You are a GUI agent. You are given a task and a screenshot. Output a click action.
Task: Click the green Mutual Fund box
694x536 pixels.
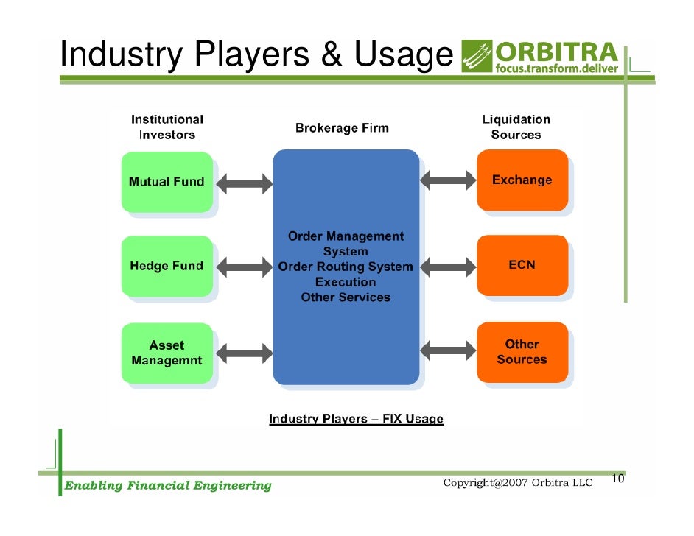point(167,181)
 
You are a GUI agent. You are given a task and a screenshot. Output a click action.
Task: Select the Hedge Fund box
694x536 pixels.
point(167,266)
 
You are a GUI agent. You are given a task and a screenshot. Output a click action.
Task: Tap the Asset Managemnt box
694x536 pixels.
point(167,353)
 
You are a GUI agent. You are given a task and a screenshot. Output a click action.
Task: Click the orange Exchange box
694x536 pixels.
point(522,180)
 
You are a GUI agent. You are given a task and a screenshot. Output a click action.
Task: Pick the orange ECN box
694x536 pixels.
point(522,265)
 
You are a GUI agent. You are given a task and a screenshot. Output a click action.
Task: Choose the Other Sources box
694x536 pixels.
point(522,352)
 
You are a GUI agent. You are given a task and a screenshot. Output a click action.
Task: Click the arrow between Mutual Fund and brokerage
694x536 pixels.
point(244,183)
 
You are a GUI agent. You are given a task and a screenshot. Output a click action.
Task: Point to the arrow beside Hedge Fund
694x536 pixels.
point(244,268)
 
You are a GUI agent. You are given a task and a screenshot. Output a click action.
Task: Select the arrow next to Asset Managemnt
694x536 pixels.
point(244,353)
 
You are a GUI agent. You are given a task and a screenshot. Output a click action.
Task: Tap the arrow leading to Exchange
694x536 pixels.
point(448,178)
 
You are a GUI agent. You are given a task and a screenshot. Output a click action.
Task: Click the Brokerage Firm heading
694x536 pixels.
point(342,128)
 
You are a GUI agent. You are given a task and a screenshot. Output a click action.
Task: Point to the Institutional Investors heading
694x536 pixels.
point(167,127)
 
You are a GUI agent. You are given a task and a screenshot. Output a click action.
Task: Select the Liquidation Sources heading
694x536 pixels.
point(516,127)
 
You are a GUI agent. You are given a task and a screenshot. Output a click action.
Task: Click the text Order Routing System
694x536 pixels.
point(346,267)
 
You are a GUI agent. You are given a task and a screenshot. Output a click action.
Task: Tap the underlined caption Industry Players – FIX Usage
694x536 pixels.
point(356,419)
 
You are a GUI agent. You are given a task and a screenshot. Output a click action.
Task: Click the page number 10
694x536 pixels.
point(617,479)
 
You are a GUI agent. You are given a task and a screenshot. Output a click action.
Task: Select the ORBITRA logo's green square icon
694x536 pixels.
point(475,56)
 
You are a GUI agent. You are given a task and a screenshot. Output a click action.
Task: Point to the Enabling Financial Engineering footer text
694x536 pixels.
point(168,485)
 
